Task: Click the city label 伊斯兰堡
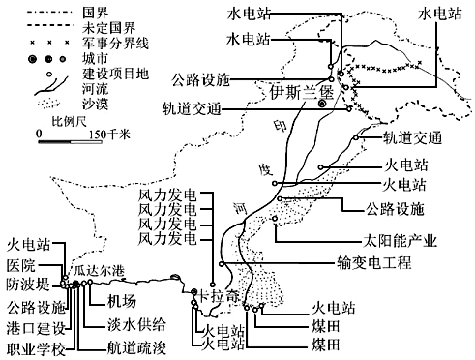pos(302,93)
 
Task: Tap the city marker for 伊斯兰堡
pos(321,104)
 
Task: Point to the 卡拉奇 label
pos(219,296)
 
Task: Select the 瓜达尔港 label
pos(100,270)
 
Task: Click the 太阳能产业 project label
pos(401,241)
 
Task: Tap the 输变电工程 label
pos(374,262)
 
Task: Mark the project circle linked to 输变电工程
pos(222,264)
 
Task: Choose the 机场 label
pos(122,301)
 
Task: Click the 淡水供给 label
pos(136,324)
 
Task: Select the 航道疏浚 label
pos(136,347)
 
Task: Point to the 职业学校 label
pos(36,349)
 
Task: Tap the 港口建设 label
pos(36,328)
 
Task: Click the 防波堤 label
pos(28,285)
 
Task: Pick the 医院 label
pos(21,266)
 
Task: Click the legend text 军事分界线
pos(115,43)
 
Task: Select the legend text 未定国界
pos(108,28)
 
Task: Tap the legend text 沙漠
pos(96,104)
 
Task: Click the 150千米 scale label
pos(109,134)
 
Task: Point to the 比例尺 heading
pos(70,122)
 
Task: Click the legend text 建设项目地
pos(115,74)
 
